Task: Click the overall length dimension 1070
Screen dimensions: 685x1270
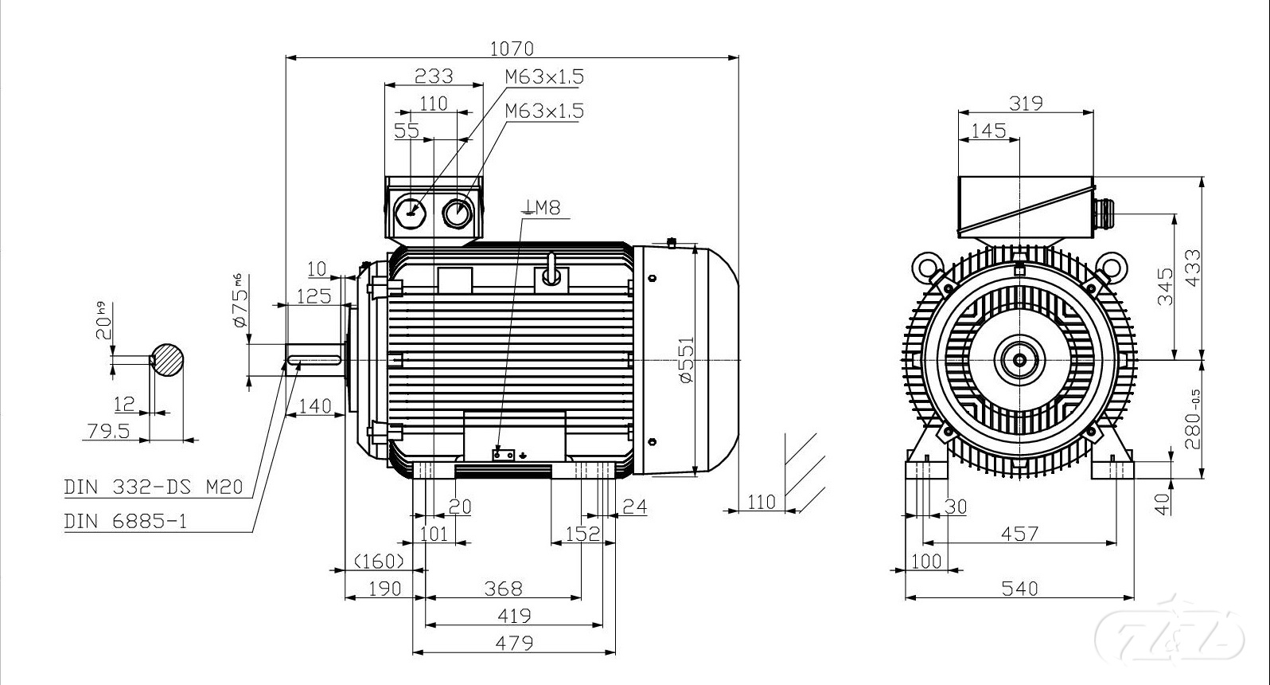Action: pos(511,49)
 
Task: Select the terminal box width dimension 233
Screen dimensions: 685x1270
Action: pos(434,76)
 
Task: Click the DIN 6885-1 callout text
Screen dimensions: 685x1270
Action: pos(127,522)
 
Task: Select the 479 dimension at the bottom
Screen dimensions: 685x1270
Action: pos(514,642)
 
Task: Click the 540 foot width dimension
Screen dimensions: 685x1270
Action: pos(1019,588)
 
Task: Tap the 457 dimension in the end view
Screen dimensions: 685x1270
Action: pos(1019,534)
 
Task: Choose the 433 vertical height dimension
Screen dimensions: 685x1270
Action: pos(1192,268)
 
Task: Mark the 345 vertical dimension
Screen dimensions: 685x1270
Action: pos(1164,287)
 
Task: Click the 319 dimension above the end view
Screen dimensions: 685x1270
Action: pos(1026,103)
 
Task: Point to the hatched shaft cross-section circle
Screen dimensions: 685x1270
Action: pos(168,360)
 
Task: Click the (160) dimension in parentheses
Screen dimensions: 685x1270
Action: pos(379,561)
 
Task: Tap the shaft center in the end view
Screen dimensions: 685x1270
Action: pos(1019,360)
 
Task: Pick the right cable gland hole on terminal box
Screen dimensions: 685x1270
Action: pos(458,212)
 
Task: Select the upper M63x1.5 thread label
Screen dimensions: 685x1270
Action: pos(544,76)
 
